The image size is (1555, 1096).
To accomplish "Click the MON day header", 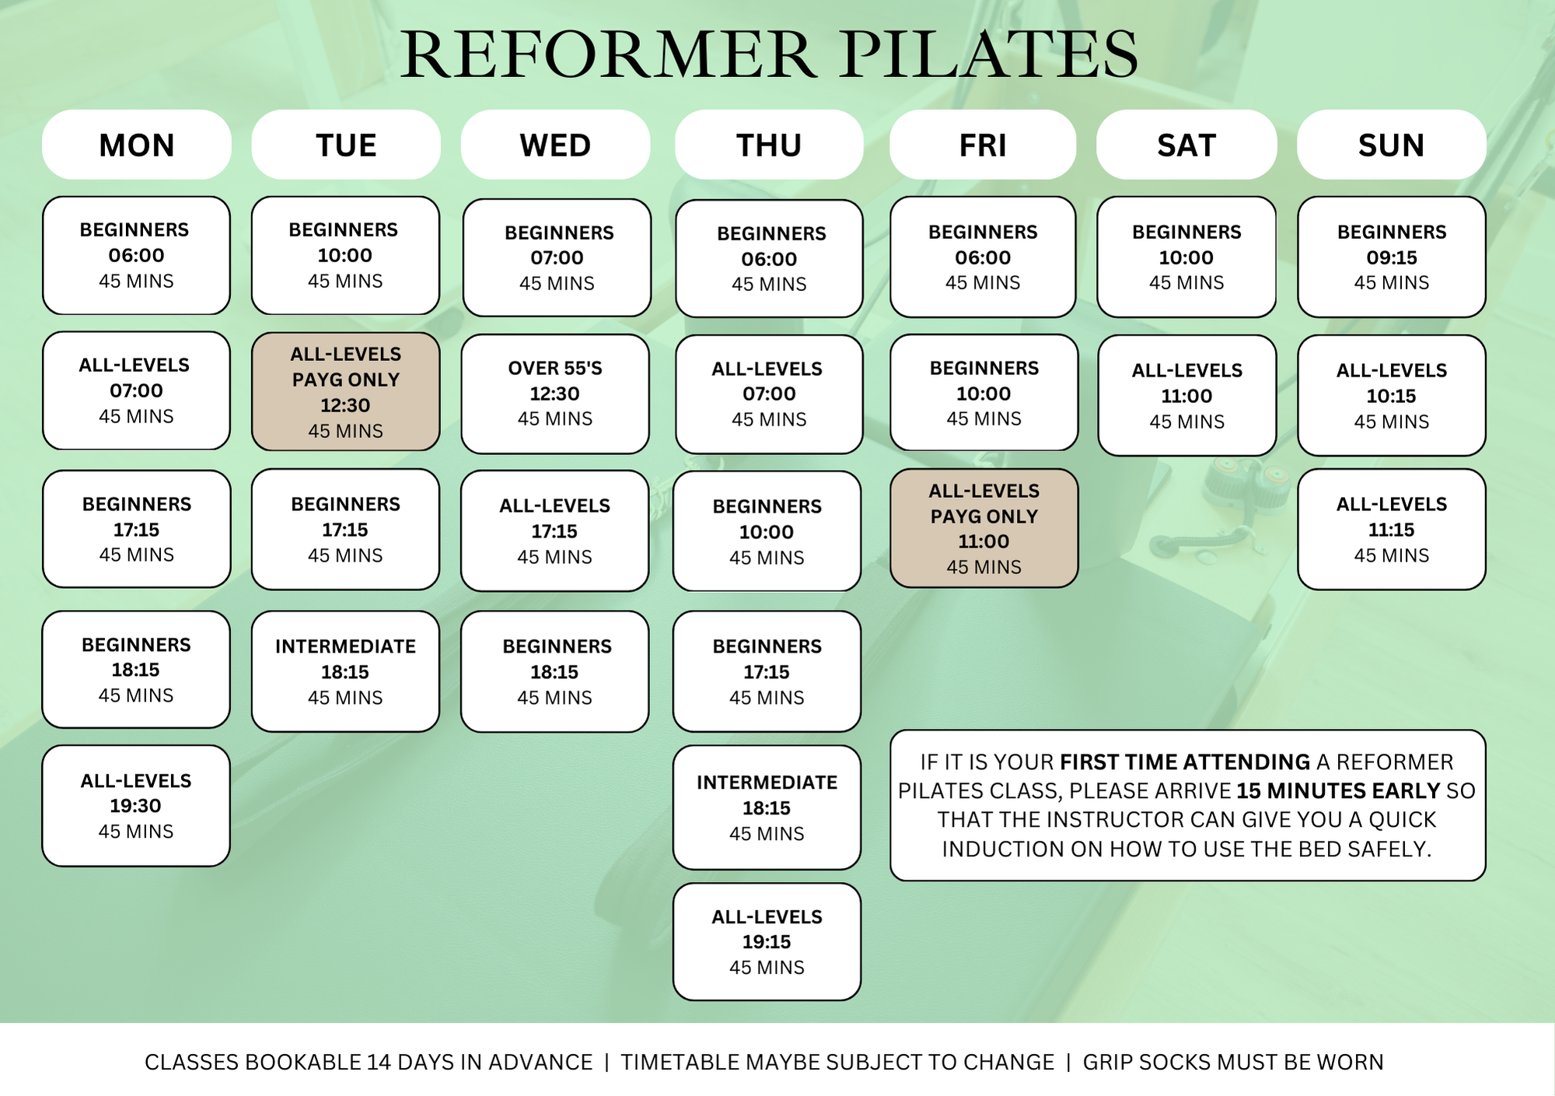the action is (137, 145).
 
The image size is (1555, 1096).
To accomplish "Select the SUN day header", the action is (1391, 145).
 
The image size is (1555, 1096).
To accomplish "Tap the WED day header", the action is (555, 145).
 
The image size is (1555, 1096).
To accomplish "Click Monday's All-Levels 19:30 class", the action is (136, 806).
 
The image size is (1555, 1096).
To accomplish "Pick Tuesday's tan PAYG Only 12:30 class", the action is (346, 392).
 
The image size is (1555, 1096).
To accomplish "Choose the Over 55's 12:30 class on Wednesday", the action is (555, 394).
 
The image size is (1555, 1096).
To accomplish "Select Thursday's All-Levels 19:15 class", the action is (767, 942).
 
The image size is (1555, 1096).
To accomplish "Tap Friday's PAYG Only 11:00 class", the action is (984, 529).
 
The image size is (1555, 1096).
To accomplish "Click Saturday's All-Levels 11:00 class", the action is (1186, 396).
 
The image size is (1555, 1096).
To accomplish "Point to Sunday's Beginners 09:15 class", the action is (1391, 257).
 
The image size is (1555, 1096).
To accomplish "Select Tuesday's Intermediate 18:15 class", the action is (345, 672).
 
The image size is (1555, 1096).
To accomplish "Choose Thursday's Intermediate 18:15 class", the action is (767, 808).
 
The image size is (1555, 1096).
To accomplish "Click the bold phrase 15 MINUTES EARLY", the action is (1338, 791).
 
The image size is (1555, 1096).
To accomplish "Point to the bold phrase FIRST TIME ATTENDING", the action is (1185, 762).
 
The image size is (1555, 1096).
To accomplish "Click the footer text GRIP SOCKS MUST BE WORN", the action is (1233, 1063).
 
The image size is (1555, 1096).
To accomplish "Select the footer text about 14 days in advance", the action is (369, 1063).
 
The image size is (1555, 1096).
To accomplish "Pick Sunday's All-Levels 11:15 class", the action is (1391, 530).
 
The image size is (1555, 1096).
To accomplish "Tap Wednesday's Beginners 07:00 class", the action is (557, 257).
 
